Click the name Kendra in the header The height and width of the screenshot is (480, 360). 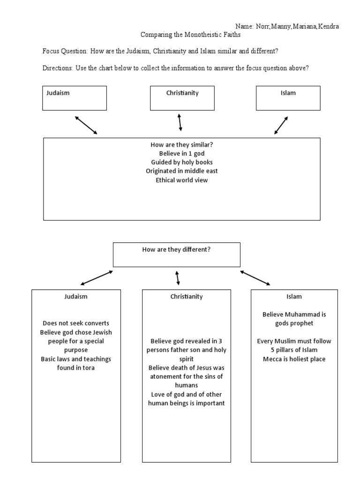(x=329, y=26)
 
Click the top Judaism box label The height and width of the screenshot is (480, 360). (x=58, y=93)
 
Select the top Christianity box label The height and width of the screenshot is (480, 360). (x=182, y=93)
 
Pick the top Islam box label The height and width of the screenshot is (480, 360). (x=288, y=93)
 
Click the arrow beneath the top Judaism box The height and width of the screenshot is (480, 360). (x=86, y=125)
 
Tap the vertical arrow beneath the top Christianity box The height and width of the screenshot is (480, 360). (x=180, y=122)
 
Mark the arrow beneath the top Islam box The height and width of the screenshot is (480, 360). (x=281, y=125)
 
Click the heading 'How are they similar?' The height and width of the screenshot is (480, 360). (x=181, y=145)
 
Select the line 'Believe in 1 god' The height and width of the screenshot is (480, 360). (x=181, y=154)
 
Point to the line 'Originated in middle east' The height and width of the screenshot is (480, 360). (x=181, y=171)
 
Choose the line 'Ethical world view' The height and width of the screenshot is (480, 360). (x=181, y=180)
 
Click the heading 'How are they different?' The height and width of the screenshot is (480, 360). (x=176, y=250)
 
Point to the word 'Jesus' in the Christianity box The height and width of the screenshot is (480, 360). (x=200, y=367)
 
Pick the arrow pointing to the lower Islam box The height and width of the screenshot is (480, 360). (x=255, y=277)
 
